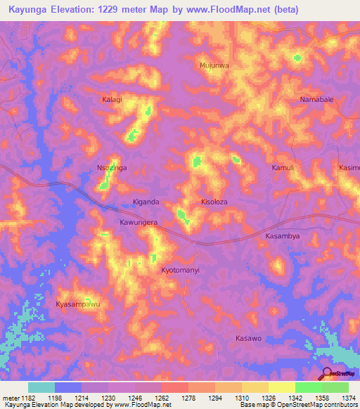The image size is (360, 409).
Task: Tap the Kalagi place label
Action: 111,100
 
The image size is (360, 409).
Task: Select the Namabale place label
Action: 316,100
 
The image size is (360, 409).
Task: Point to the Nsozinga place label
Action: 110,168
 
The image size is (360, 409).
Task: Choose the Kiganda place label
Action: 146,202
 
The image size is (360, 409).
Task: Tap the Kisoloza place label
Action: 214,202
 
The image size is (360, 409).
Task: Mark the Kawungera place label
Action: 137,222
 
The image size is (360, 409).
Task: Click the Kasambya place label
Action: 283,236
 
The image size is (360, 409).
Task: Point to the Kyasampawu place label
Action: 78,304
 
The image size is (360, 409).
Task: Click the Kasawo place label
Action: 248,338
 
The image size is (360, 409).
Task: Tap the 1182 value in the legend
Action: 27,397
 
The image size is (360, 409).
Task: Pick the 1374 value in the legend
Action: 348,397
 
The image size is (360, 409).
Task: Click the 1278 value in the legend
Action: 188,397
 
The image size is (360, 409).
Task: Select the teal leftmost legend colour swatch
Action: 41,387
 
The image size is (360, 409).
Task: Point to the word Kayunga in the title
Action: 32,9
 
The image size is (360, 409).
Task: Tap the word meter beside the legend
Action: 9,397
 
